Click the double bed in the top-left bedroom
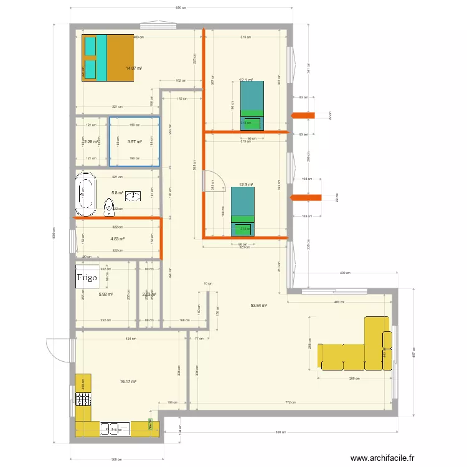tap(108, 57)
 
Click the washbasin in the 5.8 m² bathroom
tap(134, 197)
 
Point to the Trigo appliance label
tap(87, 278)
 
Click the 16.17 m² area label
tap(129, 382)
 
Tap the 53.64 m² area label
tap(258, 306)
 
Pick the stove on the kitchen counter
tap(83, 398)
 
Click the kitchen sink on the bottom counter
tap(115, 428)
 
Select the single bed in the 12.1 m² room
tap(252, 105)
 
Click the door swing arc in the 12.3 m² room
tap(212, 181)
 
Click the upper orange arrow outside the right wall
tap(304, 115)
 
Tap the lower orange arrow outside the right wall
tap(306, 199)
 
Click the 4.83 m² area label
tap(118, 238)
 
